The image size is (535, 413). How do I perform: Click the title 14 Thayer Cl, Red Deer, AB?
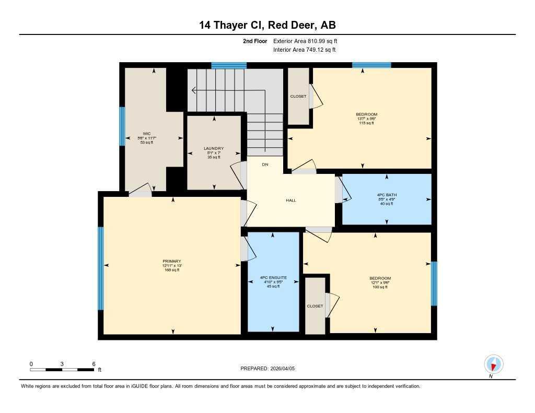(x=267, y=25)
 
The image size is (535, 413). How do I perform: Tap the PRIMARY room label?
(x=172, y=261)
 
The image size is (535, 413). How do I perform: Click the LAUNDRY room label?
(x=214, y=149)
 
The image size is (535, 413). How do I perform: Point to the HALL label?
(x=291, y=200)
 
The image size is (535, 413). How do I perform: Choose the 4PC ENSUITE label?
(x=273, y=278)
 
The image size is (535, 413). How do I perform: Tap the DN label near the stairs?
(x=265, y=164)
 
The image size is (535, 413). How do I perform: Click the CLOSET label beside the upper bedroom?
(x=299, y=97)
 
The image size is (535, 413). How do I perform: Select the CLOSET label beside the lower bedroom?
(x=315, y=306)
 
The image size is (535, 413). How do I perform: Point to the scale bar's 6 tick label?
(x=94, y=364)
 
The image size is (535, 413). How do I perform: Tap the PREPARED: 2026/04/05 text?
(x=268, y=369)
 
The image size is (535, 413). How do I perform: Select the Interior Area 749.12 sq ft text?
(x=304, y=50)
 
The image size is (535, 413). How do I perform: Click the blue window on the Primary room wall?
(x=101, y=268)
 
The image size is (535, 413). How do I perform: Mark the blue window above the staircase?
(x=229, y=66)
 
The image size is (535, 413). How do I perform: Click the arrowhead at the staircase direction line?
(x=194, y=90)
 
